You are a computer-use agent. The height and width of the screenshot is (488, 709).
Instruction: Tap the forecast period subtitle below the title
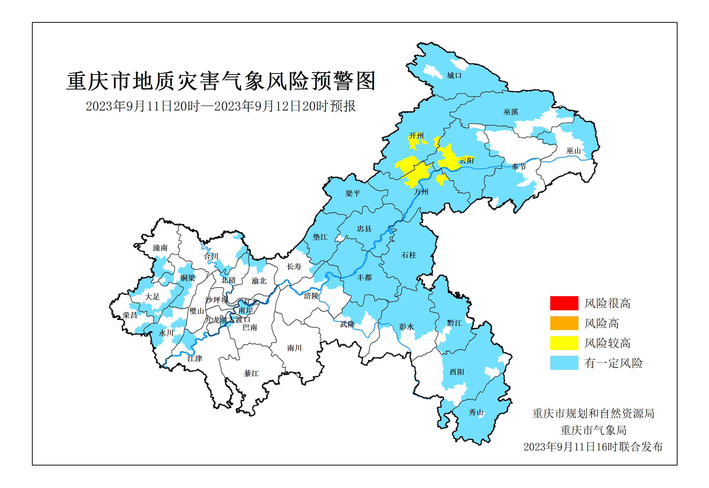(220, 106)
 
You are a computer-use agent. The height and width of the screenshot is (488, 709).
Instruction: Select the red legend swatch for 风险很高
(564, 303)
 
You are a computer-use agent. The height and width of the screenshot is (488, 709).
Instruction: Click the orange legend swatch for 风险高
(564, 323)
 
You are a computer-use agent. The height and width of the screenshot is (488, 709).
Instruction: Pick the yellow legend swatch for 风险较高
(564, 343)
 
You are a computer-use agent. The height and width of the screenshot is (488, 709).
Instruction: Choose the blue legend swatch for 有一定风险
(564, 363)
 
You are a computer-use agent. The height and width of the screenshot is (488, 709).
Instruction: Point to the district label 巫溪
(511, 112)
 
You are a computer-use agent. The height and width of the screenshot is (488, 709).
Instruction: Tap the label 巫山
(573, 151)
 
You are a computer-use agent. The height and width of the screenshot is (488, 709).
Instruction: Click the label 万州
(421, 192)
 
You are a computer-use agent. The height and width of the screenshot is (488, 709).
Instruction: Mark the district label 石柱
(409, 255)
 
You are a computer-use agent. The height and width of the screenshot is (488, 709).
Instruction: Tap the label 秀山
(476, 412)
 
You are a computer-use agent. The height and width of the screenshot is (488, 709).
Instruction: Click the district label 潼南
(160, 248)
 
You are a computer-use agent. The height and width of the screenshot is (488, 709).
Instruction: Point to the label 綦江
(251, 373)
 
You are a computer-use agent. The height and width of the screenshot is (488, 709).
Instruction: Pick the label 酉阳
(457, 372)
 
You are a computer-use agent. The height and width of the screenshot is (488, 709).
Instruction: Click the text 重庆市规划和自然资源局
(593, 413)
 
